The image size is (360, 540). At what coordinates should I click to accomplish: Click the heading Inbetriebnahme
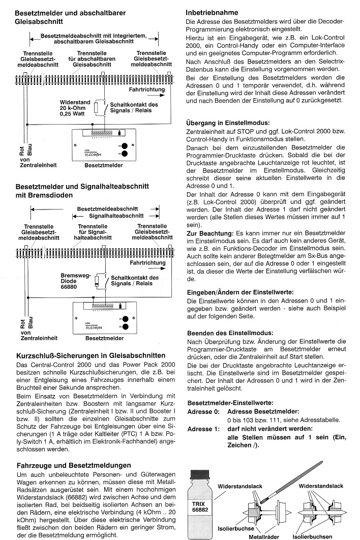(212, 13)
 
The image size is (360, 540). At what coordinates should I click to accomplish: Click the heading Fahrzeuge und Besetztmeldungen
(74, 465)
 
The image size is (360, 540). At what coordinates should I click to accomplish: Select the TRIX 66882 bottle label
(200, 506)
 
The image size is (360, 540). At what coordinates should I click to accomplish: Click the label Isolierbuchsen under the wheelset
(313, 536)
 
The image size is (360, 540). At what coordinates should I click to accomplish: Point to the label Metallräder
(264, 536)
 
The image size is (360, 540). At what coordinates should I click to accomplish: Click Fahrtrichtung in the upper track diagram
(147, 89)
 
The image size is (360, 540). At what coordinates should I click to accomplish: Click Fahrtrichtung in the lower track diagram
(147, 263)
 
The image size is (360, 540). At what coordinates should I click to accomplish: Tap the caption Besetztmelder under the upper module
(104, 165)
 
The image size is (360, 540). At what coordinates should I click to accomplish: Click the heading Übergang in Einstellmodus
(228, 123)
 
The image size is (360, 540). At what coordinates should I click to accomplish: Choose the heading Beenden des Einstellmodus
(230, 333)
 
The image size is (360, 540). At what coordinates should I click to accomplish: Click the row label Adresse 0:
(203, 411)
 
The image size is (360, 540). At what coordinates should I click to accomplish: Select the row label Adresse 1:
(203, 429)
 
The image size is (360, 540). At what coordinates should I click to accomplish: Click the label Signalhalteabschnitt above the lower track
(116, 216)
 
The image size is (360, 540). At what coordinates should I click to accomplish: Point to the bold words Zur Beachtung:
(210, 233)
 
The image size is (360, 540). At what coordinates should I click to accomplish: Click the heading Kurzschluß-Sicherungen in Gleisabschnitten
(91, 355)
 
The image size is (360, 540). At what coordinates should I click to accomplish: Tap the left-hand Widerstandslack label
(240, 486)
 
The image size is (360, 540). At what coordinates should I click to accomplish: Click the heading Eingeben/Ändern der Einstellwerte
(240, 292)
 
